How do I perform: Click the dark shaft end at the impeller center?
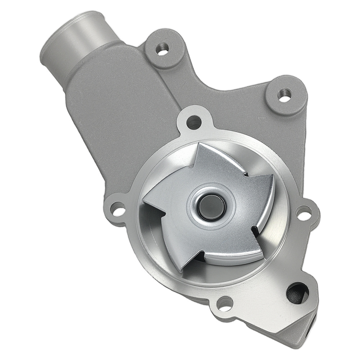(x=212, y=208)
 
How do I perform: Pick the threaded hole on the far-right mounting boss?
(x=285, y=95)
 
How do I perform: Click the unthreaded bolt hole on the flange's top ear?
(x=194, y=123)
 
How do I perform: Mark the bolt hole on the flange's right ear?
(x=304, y=213)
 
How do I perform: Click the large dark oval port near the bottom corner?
(x=297, y=293)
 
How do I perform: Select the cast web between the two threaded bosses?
(x=223, y=83)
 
